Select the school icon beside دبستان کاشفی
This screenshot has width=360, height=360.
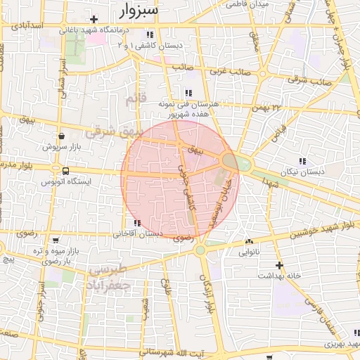pos(149,34)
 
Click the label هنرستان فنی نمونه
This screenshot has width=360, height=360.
pos(189,103)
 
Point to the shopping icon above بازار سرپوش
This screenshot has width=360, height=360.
pos(62,136)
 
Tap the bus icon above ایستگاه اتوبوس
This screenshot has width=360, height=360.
pos(65,170)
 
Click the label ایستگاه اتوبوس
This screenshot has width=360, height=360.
pos(66,181)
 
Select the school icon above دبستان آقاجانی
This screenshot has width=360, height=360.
pos(137,223)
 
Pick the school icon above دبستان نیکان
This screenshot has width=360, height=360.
pos(302,161)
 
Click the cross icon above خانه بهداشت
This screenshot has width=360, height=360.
pos(279,265)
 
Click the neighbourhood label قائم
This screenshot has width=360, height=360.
pos(135,100)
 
